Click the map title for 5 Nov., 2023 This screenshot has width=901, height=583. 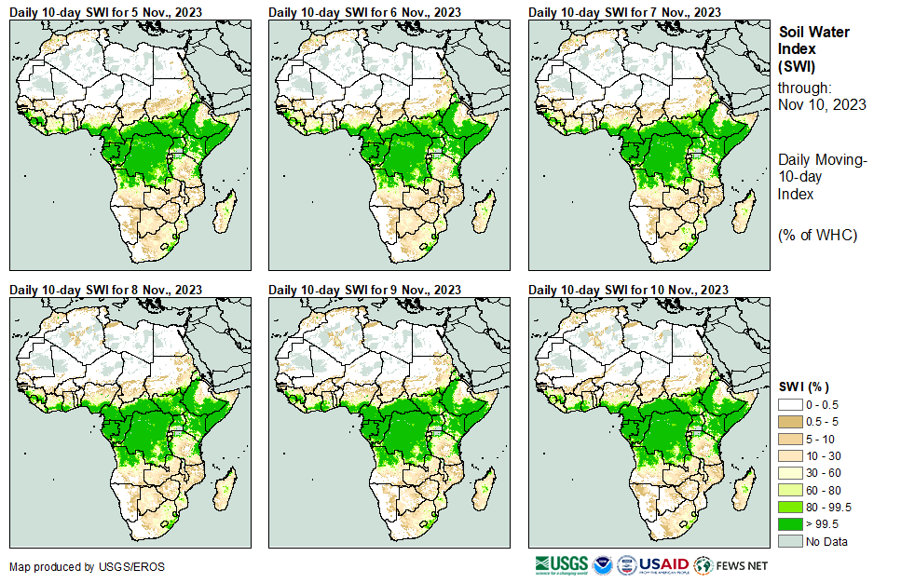(x=106, y=11)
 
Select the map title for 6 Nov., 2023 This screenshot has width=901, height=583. (x=365, y=11)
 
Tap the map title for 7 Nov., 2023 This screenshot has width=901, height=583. (x=625, y=11)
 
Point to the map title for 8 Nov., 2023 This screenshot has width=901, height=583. (x=106, y=290)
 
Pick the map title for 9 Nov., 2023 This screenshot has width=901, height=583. (x=365, y=290)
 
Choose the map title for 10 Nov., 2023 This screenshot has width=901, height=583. (x=628, y=290)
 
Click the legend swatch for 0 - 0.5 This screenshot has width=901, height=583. (x=790, y=405)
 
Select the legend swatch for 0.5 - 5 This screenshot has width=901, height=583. (x=790, y=422)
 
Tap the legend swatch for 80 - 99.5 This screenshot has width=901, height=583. (x=790, y=507)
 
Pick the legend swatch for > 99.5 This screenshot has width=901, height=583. (x=790, y=523)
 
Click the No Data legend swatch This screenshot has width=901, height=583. (x=790, y=541)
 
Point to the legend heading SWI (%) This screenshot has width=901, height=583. (x=804, y=386)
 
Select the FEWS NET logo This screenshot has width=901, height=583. (x=731, y=565)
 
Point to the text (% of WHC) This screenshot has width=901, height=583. (x=817, y=235)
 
